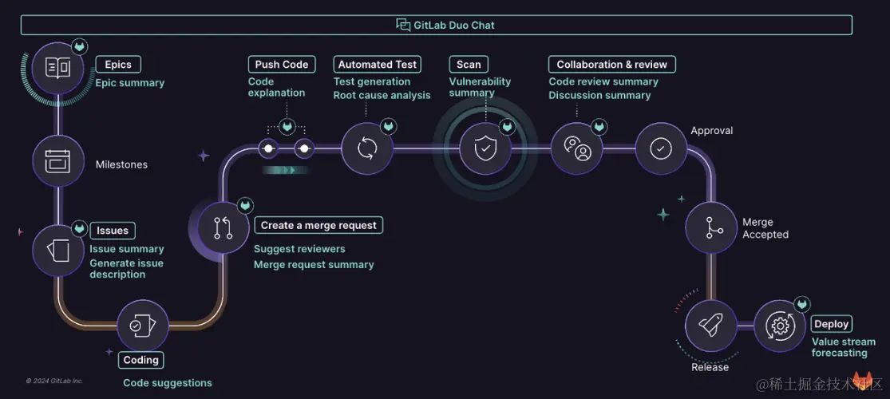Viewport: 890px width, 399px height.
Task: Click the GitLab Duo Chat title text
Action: [453, 26]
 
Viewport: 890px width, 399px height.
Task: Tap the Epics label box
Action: [118, 65]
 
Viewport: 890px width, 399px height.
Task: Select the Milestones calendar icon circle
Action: [58, 160]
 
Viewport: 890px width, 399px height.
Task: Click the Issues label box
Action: [113, 231]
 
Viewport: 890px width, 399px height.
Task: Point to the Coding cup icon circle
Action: [143, 325]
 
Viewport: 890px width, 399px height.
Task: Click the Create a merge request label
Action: [318, 225]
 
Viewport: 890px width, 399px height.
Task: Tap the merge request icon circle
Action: [223, 227]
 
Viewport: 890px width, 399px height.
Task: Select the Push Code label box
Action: [281, 65]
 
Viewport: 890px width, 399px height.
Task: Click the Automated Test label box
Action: [378, 65]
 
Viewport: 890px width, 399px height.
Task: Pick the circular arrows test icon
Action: [367, 148]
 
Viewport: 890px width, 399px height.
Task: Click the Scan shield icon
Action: [485, 148]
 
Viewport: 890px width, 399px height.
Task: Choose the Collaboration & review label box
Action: [611, 65]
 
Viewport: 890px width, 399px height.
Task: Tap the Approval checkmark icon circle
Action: [661, 148]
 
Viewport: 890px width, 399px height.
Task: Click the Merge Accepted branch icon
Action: [711, 228]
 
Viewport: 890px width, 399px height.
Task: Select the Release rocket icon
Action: [710, 326]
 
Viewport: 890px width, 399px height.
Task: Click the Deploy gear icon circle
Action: [779, 326]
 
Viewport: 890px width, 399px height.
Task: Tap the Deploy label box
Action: [831, 324]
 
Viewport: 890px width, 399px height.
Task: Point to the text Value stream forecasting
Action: [843, 347]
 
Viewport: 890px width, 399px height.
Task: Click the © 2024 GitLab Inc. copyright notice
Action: [54, 381]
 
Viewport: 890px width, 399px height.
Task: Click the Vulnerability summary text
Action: [480, 87]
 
